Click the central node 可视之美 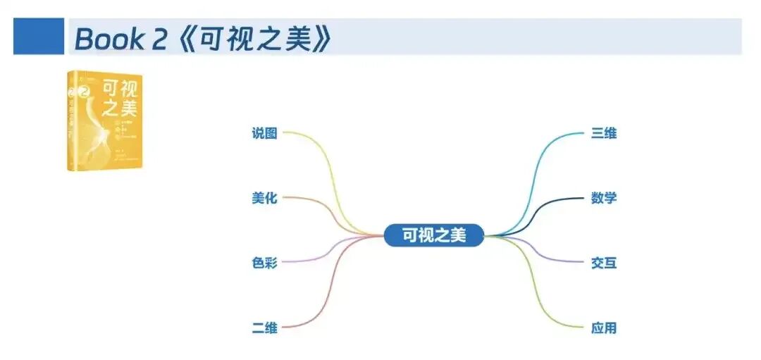434,235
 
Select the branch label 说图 264,133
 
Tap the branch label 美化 264,198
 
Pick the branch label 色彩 264,263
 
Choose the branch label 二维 264,328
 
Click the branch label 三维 604,133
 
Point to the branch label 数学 604,198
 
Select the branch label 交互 604,263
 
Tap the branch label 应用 604,328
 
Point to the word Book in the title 109,39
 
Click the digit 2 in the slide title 159,39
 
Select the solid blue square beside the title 38,37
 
